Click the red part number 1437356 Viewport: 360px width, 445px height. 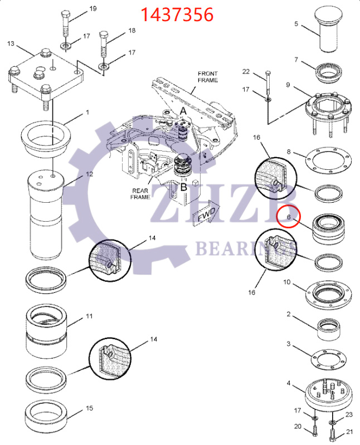[x=177, y=14]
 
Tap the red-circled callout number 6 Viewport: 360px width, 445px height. [x=289, y=217]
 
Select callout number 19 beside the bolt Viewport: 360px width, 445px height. [x=93, y=8]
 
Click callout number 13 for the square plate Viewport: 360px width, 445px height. [x=11, y=43]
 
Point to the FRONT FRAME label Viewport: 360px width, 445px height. [x=207, y=77]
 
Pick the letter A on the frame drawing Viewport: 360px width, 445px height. [x=183, y=111]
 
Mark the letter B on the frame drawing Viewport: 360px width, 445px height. [x=183, y=188]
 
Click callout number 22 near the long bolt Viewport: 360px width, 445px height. [x=246, y=71]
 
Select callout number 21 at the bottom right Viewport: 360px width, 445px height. [x=349, y=432]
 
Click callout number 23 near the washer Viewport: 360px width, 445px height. [x=349, y=414]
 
